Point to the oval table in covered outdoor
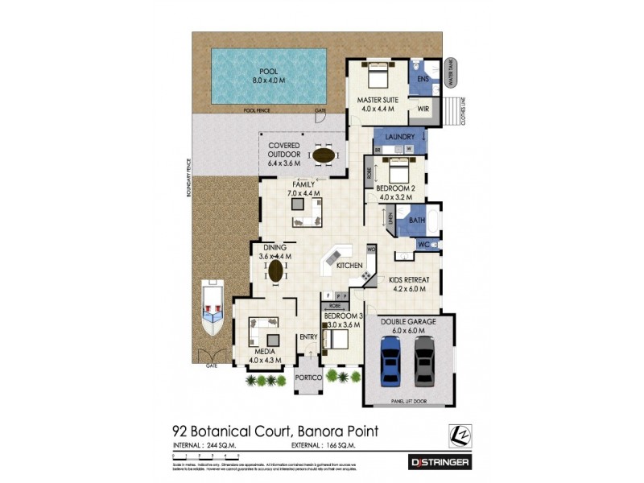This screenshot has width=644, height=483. (324, 155)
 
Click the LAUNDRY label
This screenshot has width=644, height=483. (400, 137)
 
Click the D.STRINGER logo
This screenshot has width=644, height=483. (439, 462)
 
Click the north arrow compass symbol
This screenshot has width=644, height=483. (459, 436)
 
